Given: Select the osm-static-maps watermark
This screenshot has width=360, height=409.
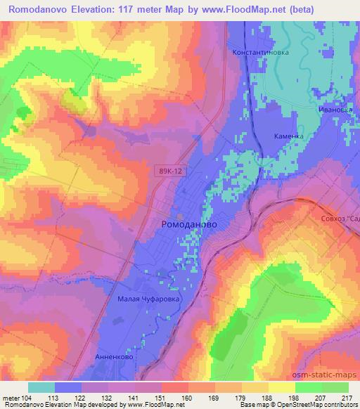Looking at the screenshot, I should click(x=330, y=373).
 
